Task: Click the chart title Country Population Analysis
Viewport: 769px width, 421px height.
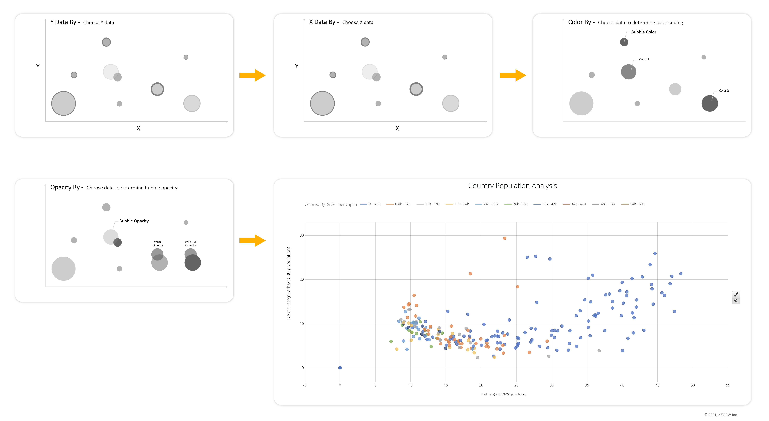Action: click(x=512, y=186)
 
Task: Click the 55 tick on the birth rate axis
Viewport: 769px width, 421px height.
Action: click(x=728, y=385)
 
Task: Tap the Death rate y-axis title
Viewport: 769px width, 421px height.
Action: click(x=288, y=283)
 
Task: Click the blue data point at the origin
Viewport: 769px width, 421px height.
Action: click(x=340, y=368)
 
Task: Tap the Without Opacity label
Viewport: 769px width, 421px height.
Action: click(x=190, y=243)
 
